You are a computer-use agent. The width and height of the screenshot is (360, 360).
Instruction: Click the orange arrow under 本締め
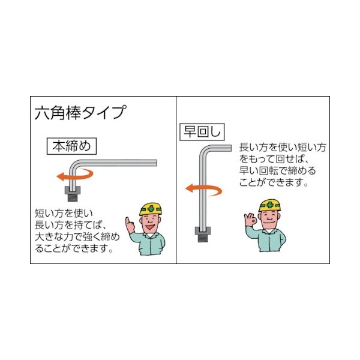72,175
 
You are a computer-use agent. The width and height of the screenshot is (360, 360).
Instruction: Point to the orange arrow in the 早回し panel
203,189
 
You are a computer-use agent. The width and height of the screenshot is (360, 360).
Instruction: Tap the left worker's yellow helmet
152,208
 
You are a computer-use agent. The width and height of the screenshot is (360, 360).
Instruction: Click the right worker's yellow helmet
270,204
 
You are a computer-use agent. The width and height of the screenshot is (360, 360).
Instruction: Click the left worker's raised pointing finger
127,221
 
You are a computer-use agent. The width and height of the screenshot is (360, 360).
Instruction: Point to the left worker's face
152,224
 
